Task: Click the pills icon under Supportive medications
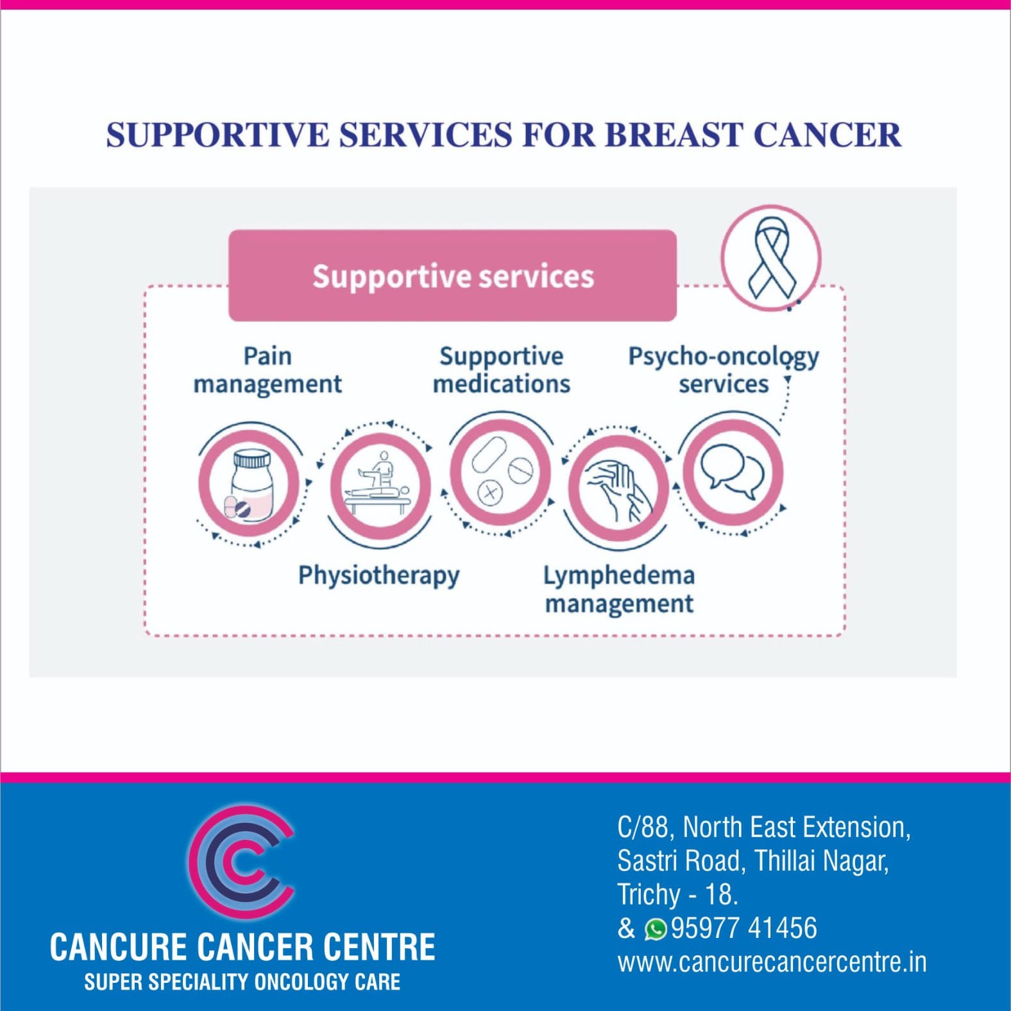coord(501,472)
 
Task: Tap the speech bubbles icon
coord(732,472)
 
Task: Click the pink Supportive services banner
coord(452,276)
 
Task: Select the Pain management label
coord(268,370)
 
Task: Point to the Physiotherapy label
coord(378,575)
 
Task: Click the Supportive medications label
coord(501,370)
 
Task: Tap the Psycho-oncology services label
coord(723,370)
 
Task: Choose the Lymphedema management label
coord(619,590)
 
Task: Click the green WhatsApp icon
coord(656,929)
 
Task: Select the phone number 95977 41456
coord(744,928)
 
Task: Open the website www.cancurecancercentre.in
coord(772,962)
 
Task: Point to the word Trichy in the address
coord(649,894)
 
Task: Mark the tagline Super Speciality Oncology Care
coord(242,982)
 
